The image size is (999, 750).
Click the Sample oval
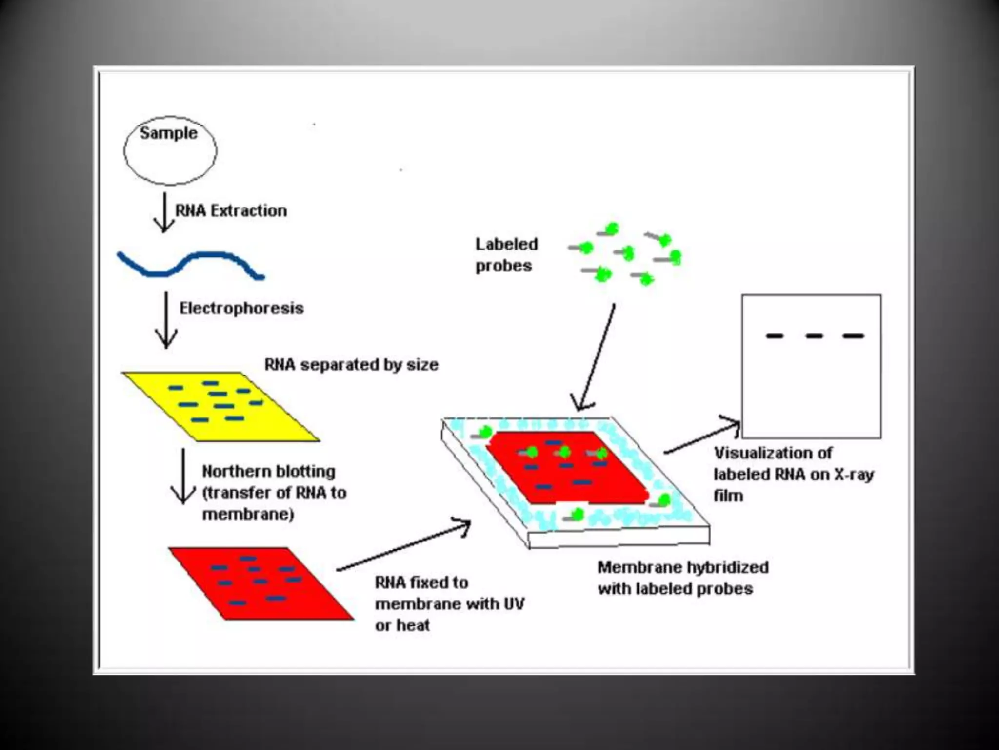coord(170,150)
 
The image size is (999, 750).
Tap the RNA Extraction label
coord(231,211)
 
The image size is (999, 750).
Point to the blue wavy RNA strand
coord(190,264)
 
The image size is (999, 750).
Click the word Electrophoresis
coord(241,309)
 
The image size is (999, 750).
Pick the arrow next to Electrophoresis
coord(166,320)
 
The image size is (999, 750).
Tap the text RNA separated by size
coord(351,365)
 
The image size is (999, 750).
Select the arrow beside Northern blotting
coord(183,476)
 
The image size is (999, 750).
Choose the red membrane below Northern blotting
coord(261,583)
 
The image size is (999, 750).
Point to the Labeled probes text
coord(506,255)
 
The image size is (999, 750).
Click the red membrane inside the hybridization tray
coord(568,469)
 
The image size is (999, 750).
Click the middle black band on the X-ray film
coord(814,336)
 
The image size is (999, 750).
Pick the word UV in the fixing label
coord(513,604)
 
